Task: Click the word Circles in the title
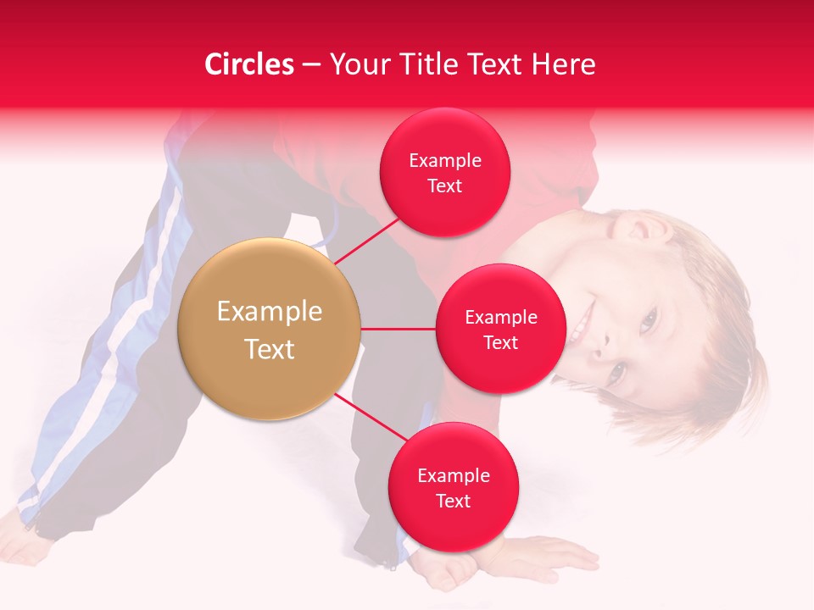[248, 64]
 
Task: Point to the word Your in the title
[356, 64]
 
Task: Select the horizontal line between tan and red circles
[398, 329]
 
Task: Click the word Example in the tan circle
[269, 312]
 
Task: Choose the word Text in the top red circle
[444, 186]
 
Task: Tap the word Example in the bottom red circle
[453, 475]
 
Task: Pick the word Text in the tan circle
[269, 349]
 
